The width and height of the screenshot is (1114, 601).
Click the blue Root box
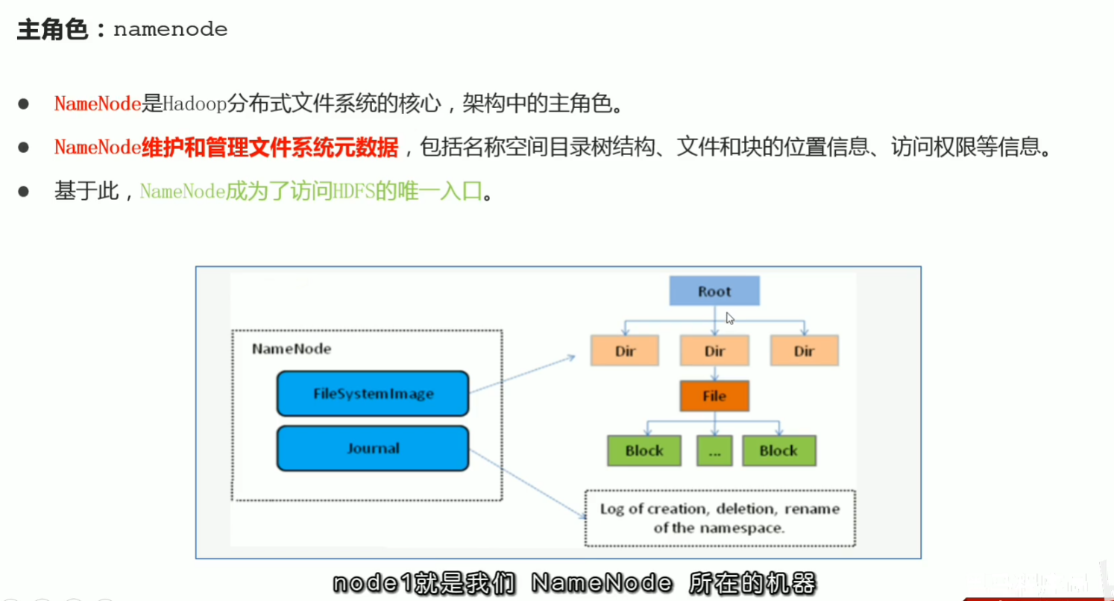pyautogui.click(x=714, y=291)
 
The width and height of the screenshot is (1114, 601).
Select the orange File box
pyautogui.click(x=714, y=396)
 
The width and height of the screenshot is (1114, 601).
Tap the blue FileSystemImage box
pyautogui.click(x=373, y=393)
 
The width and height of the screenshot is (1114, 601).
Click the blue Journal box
pyautogui.click(x=373, y=448)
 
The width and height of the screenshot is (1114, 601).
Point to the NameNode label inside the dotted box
pyautogui.click(x=292, y=349)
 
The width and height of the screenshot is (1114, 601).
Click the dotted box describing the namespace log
pyautogui.click(x=720, y=518)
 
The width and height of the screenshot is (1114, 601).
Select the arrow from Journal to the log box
pyautogui.click(x=526, y=481)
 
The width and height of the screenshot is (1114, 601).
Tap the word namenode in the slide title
pyautogui.click(x=170, y=30)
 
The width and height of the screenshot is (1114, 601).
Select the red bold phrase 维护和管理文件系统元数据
pyautogui.click(x=270, y=148)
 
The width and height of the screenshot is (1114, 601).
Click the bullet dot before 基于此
pyautogui.click(x=23, y=192)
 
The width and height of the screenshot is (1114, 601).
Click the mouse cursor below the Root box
pyautogui.click(x=730, y=318)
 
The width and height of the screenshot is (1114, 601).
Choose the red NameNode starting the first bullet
pyautogui.click(x=98, y=104)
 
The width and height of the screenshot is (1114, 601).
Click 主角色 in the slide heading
pyautogui.click(x=52, y=30)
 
